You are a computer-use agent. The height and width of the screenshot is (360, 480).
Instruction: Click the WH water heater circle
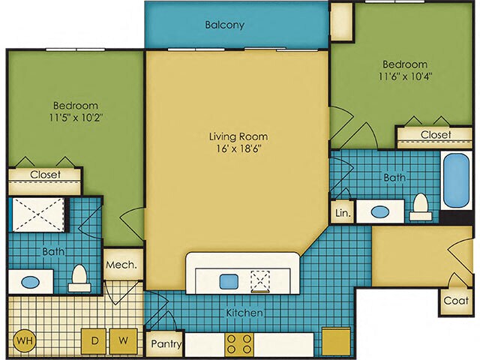pos(25,340)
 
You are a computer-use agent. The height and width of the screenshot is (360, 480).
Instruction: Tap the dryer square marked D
pos(94,340)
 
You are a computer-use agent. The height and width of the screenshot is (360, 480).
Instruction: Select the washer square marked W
pos(123,340)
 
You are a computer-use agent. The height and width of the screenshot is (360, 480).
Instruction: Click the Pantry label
pos(166,343)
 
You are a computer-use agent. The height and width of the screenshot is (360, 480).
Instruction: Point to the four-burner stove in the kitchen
pos(239,344)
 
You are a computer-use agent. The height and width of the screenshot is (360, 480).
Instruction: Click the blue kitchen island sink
pos(229,281)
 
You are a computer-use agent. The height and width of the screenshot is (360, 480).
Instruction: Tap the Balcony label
pos(225,25)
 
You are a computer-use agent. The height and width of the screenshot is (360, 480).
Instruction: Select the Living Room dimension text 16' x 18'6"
pos(239,148)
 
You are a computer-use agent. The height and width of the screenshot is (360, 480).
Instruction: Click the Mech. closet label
pos(121,265)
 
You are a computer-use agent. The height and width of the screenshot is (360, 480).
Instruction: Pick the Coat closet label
pos(456,301)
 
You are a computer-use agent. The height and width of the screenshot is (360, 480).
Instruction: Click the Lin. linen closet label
pos(343,213)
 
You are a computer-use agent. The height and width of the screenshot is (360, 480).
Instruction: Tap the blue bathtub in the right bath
pos(456,180)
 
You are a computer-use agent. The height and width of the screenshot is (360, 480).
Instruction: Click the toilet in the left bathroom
pos(79,278)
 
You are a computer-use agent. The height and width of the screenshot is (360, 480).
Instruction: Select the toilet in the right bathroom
pos(421,207)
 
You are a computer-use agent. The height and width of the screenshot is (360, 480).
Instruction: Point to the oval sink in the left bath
pos(31,282)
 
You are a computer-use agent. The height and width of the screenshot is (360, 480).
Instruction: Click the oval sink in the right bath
pos(380,211)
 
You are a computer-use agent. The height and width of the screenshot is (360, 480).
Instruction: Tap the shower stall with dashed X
pos(38,214)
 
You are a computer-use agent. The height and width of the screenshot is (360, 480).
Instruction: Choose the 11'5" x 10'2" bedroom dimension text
pos(75,118)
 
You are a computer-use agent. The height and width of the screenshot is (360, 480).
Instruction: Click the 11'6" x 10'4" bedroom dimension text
pos(405,76)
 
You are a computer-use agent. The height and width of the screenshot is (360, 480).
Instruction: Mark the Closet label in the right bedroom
pos(436,134)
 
